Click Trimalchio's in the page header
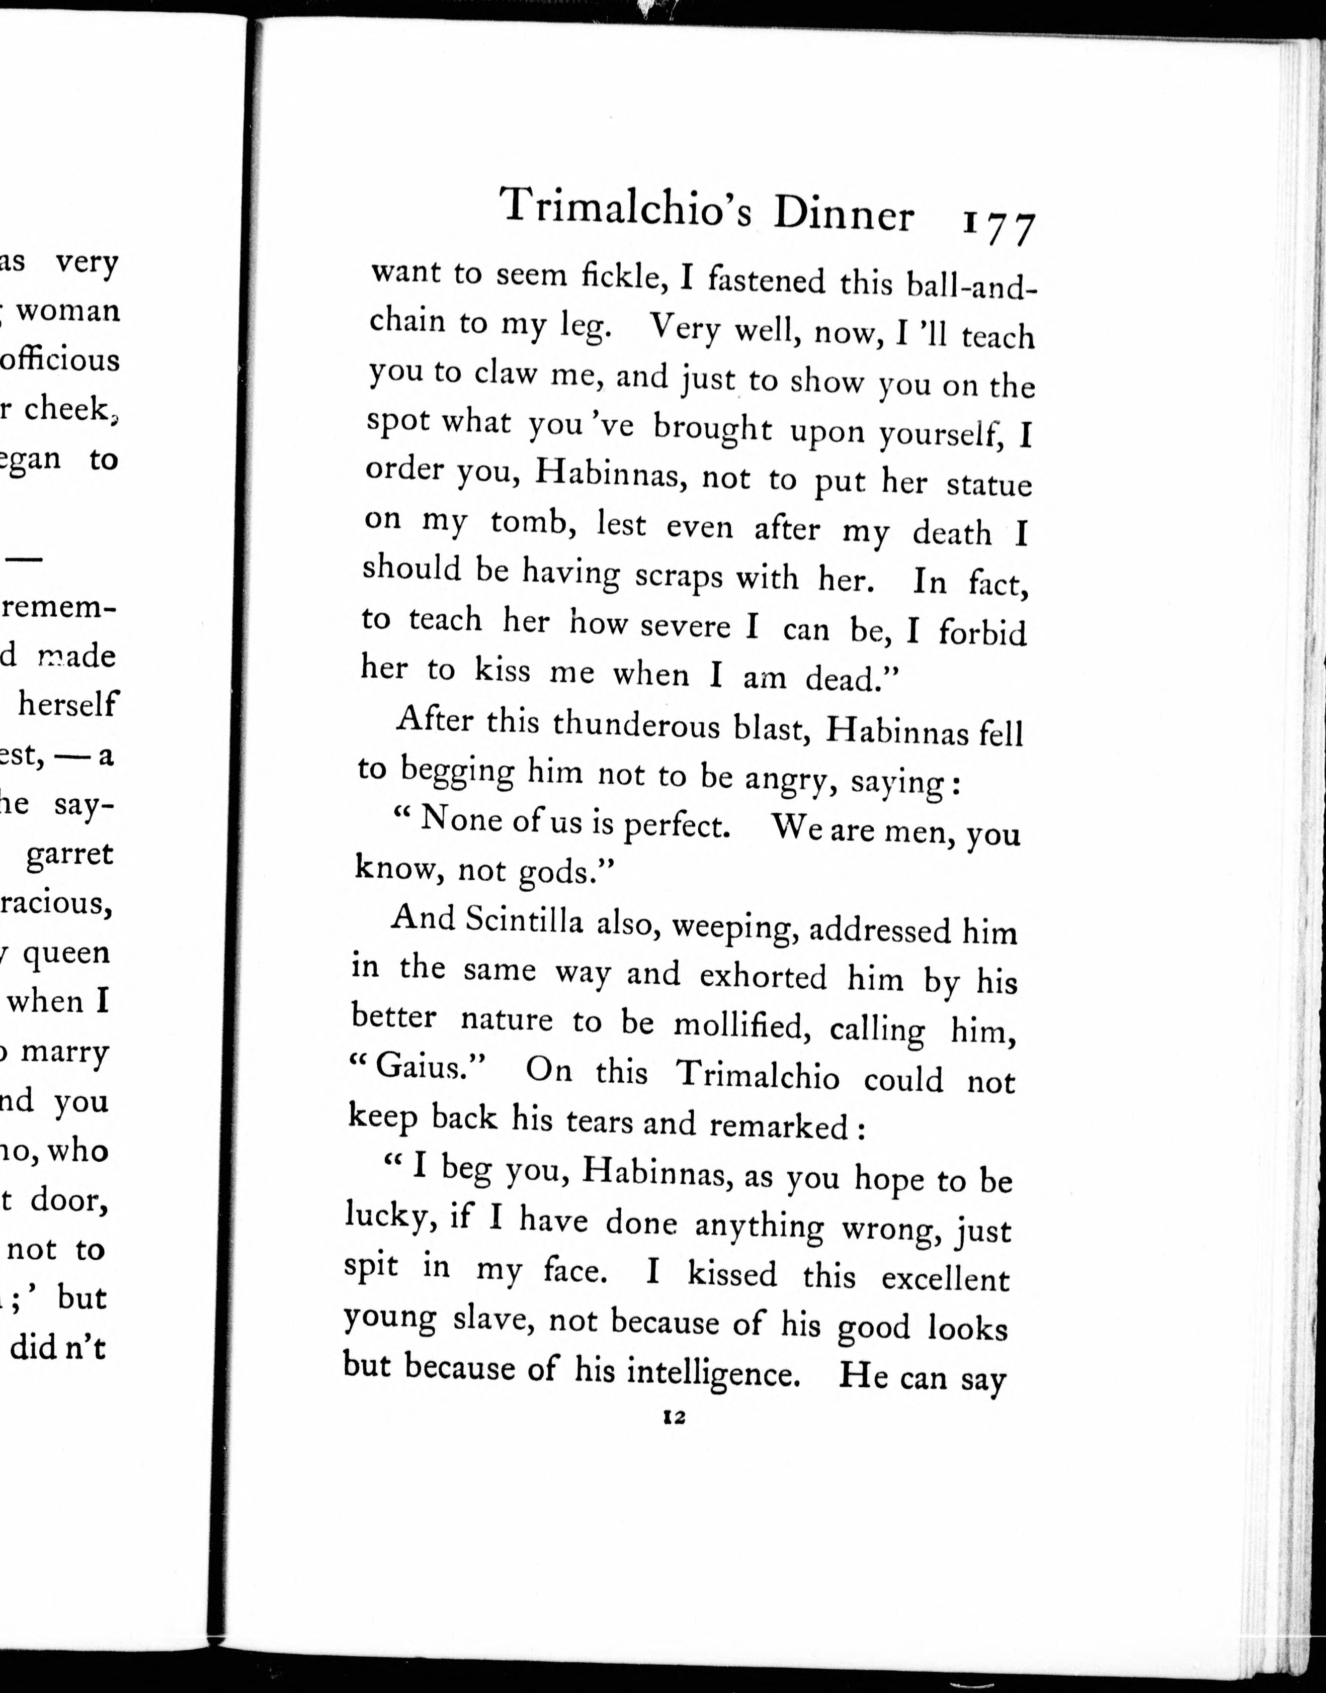[626, 208]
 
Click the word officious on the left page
[60, 360]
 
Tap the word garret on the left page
[70, 854]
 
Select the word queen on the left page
[66, 952]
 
